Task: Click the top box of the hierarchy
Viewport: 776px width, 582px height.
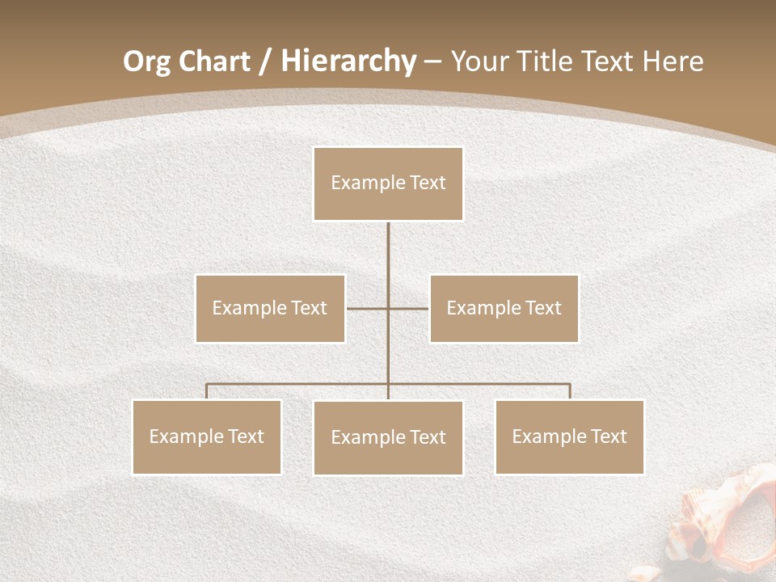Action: (388, 183)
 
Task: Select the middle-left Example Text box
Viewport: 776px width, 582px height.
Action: (270, 308)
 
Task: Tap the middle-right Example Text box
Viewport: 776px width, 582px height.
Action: (504, 308)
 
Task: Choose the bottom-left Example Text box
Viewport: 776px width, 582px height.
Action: (207, 436)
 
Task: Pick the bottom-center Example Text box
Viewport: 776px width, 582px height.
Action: (388, 437)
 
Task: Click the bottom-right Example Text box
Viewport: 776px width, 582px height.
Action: (569, 436)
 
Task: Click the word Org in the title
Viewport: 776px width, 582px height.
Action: (145, 61)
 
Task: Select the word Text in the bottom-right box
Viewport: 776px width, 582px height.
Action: (607, 436)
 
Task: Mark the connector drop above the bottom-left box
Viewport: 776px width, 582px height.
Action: (207, 391)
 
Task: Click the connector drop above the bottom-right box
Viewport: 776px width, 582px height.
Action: (570, 391)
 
